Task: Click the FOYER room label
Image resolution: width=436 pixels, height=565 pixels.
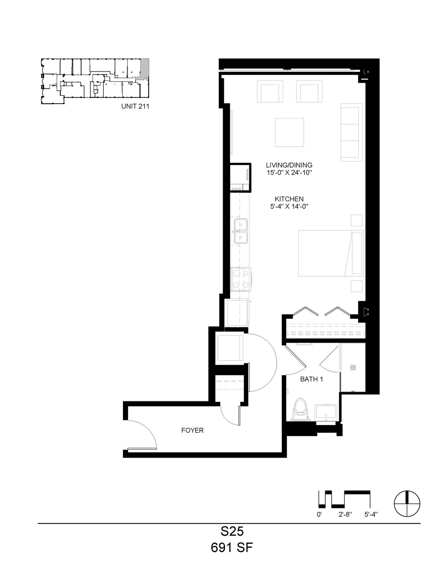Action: pyautogui.click(x=192, y=431)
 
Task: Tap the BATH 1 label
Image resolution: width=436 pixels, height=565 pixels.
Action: pyautogui.click(x=311, y=379)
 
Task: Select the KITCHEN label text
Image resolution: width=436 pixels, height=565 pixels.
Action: pyautogui.click(x=289, y=199)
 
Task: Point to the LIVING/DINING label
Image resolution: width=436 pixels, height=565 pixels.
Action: pyautogui.click(x=289, y=165)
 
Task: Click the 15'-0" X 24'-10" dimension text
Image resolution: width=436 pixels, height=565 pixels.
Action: pyautogui.click(x=289, y=173)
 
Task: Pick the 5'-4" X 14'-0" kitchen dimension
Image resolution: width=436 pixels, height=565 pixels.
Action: pyautogui.click(x=289, y=206)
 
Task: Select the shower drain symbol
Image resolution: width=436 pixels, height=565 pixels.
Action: pyautogui.click(x=353, y=367)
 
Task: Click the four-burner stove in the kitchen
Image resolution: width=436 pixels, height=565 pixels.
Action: pyautogui.click(x=241, y=279)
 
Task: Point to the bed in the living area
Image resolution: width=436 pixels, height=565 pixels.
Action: pyautogui.click(x=330, y=253)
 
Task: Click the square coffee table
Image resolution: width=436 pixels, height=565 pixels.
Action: pyautogui.click(x=289, y=132)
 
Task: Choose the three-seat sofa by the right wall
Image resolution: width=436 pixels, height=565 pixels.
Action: pyautogui.click(x=352, y=132)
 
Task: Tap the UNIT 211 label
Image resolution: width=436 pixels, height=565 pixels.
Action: pyautogui.click(x=135, y=106)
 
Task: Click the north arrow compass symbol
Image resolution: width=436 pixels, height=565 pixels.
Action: pyautogui.click(x=407, y=504)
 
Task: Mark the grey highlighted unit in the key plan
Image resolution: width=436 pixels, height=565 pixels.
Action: pyautogui.click(x=144, y=69)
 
